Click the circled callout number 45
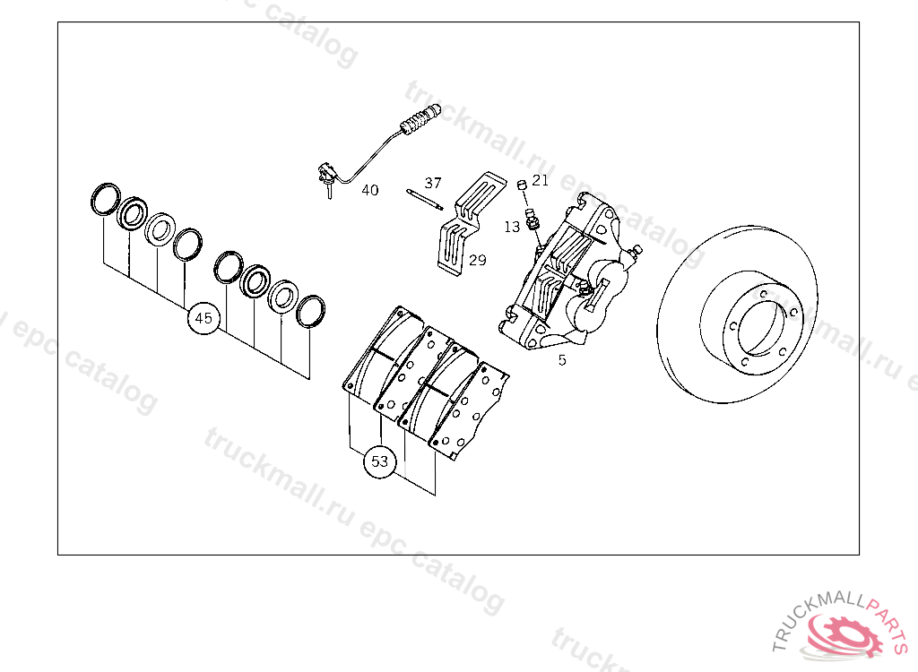point(204,318)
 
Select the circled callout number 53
point(379,461)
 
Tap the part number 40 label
point(370,190)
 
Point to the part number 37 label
point(433,183)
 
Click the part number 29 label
point(478,260)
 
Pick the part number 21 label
point(541,180)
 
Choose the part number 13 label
point(512,227)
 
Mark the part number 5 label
point(562,360)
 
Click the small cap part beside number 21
point(522,185)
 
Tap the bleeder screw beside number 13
point(533,219)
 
